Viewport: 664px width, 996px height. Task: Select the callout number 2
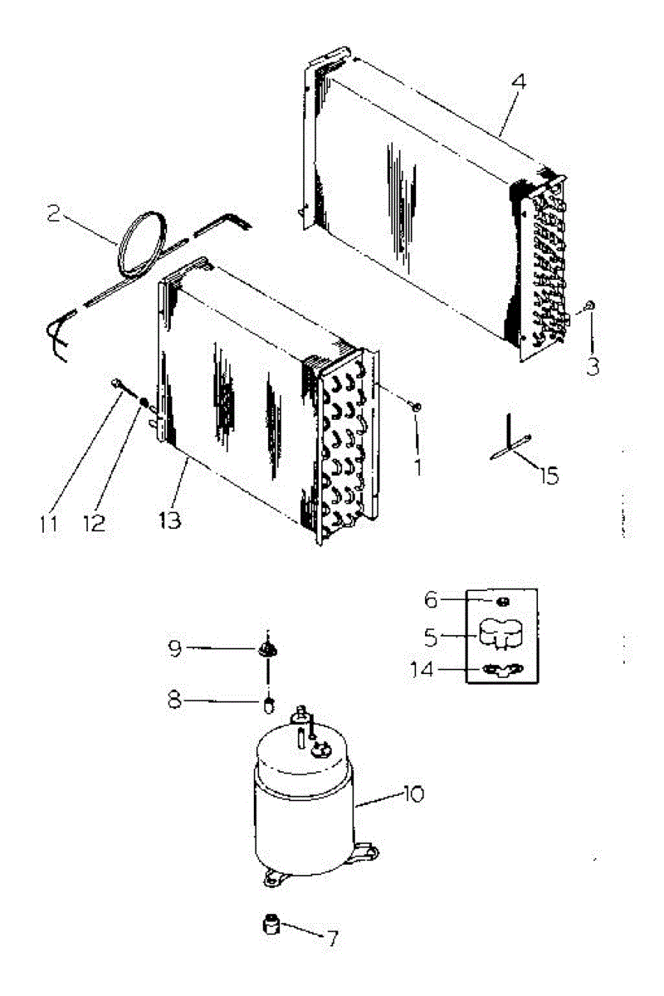point(54,214)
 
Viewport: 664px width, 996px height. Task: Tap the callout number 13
point(169,520)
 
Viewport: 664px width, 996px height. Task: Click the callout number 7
point(332,939)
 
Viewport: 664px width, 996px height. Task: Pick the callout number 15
point(547,476)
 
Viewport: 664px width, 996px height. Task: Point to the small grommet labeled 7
point(271,923)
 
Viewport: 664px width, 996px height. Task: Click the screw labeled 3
point(588,306)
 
